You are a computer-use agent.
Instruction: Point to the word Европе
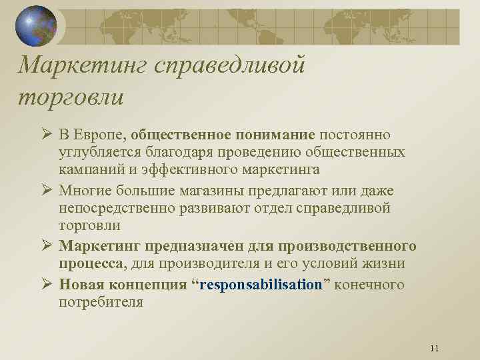coord(100,136)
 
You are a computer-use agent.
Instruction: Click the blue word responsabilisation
coord(261,285)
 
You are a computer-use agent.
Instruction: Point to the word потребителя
coord(101,301)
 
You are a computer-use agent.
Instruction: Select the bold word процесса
coord(92,263)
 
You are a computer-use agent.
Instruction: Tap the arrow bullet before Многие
coord(45,191)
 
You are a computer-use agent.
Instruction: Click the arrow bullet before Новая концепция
coord(45,285)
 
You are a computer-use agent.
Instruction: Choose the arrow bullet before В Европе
coord(45,136)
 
